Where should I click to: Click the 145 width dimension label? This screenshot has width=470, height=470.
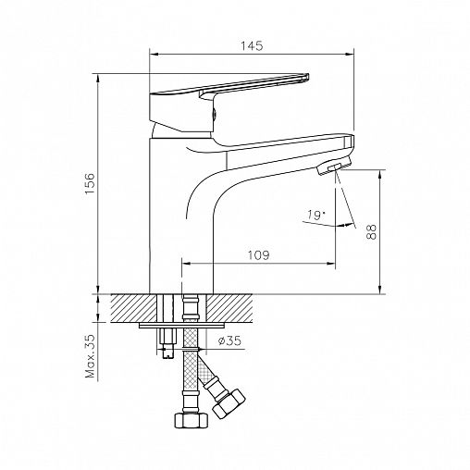click(x=252, y=46)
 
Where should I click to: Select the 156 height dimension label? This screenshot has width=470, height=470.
click(x=90, y=184)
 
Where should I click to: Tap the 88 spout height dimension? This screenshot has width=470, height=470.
click(x=372, y=232)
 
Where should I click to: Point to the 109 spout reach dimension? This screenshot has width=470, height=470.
click(x=258, y=255)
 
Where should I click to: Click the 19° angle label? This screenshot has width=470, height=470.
click(x=316, y=215)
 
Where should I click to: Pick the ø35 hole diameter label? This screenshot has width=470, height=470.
click(x=229, y=340)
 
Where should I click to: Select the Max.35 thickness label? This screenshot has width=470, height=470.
click(x=90, y=356)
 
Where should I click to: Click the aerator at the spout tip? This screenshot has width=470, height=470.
click(x=334, y=166)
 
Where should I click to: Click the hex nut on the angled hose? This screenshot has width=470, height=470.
click(x=229, y=404)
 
